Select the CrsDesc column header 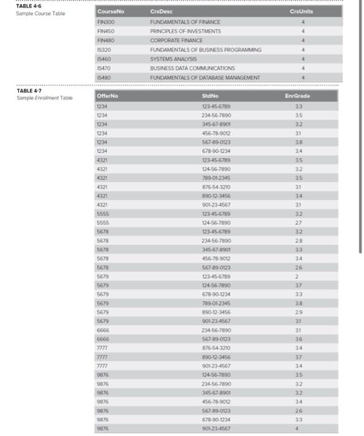point(160,12)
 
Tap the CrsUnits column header point(302,12)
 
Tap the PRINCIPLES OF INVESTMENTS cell point(185,31)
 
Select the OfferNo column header point(107,96)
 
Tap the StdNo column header point(209,96)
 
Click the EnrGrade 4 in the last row point(297,429)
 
